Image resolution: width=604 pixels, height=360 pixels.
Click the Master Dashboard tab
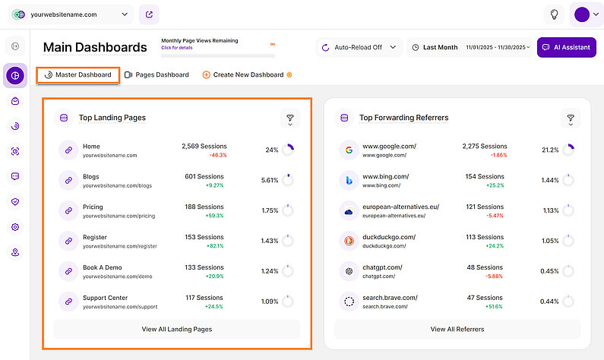coord(77,75)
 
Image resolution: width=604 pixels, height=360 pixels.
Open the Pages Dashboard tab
coord(157,75)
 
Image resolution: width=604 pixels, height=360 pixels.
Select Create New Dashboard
coord(248,75)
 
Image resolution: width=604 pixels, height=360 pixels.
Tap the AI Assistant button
coord(566,47)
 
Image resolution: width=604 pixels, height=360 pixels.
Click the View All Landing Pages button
coord(176,329)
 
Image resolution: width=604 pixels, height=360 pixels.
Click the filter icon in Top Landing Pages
coord(290,118)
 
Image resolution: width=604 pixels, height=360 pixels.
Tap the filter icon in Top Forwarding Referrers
coord(571,118)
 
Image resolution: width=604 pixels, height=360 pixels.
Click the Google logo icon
coord(348,150)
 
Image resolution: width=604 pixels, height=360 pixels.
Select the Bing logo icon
coord(348,181)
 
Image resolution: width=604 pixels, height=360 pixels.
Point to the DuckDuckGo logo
coord(348,242)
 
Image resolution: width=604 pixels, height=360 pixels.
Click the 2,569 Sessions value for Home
coord(204,146)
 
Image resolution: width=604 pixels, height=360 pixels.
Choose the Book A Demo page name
coord(102,267)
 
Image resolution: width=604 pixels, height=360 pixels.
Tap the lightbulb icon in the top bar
coord(555,14)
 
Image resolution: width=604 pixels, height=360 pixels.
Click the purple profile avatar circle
coord(582,14)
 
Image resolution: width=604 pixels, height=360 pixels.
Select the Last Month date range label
coord(440,47)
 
